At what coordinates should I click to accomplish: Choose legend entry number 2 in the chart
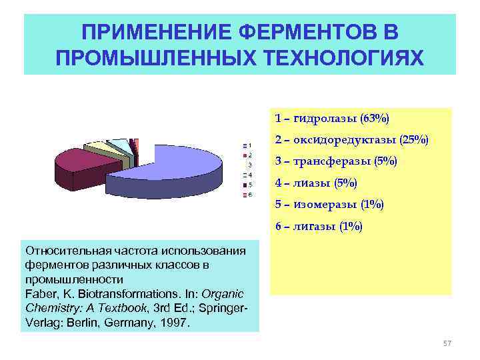point(247,155)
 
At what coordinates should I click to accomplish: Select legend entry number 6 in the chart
point(247,195)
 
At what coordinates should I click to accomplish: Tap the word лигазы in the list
point(318,227)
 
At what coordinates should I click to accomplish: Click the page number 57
point(447,343)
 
